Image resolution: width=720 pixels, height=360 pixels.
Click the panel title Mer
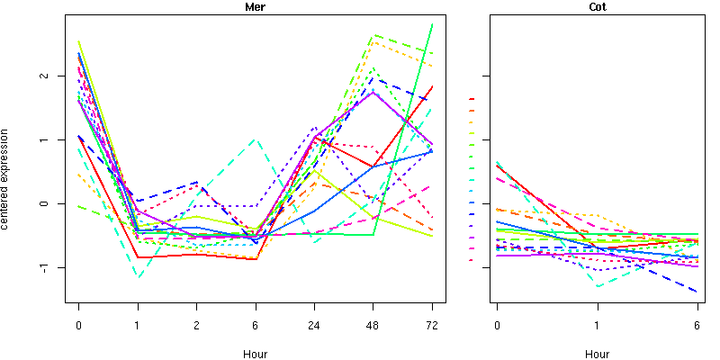pos(255,6)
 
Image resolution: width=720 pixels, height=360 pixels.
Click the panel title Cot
pos(597,6)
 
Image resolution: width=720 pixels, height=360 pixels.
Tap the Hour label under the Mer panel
pos(255,354)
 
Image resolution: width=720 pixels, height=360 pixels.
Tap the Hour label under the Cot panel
pos(597,354)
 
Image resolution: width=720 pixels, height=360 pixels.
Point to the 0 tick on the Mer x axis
pos(79,325)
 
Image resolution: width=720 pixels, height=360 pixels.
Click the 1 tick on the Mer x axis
pos(138,325)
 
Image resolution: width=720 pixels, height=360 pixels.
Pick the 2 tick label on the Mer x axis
pos(197,325)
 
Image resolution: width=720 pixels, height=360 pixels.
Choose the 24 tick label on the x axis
pos(314,325)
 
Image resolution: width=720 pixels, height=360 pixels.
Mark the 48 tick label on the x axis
pos(373,325)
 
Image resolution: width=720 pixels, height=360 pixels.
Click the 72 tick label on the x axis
pos(432,325)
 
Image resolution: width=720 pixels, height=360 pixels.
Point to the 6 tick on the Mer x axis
pos(256,325)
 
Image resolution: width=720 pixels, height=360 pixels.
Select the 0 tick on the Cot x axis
pos(497,325)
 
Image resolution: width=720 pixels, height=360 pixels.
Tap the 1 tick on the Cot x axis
pos(597,325)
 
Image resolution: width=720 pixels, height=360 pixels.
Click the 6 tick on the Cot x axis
pos(697,325)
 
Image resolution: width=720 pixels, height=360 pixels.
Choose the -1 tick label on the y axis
pos(54,267)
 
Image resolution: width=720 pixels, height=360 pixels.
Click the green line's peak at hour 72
pos(432,24)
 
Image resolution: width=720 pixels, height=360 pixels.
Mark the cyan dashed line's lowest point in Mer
pos(138,277)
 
